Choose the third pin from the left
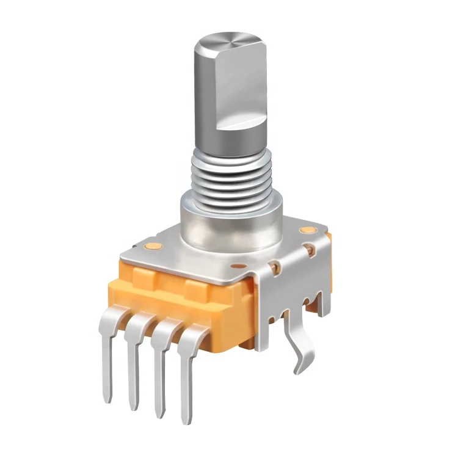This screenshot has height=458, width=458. [160, 373]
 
